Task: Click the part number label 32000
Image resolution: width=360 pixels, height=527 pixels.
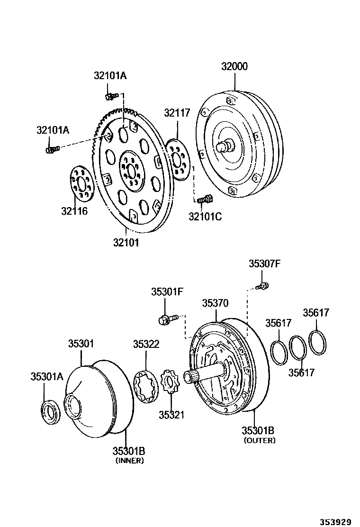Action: pos(234,67)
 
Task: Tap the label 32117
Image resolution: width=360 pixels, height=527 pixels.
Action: pos(177,113)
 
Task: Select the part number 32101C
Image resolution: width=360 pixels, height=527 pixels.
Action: pos(205,217)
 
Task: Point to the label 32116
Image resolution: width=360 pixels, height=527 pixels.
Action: pos(74,211)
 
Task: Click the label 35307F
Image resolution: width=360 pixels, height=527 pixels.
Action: pos(264,264)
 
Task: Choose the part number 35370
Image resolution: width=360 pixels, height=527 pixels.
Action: pos(215,303)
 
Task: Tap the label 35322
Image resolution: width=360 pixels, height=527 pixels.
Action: pos(146,344)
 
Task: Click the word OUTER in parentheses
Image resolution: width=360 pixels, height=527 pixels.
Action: pos(260,440)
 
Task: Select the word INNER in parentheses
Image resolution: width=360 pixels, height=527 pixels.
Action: pos(129,460)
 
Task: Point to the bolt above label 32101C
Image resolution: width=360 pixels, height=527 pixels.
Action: pos(205,200)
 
